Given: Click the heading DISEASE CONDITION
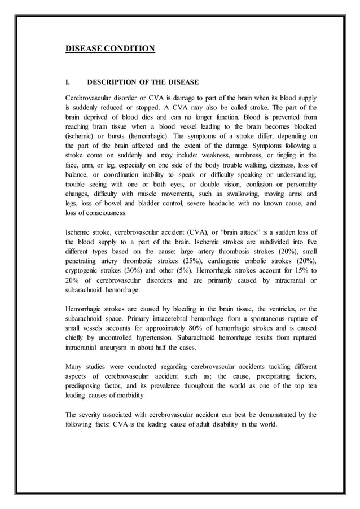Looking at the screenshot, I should (x=110, y=49).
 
